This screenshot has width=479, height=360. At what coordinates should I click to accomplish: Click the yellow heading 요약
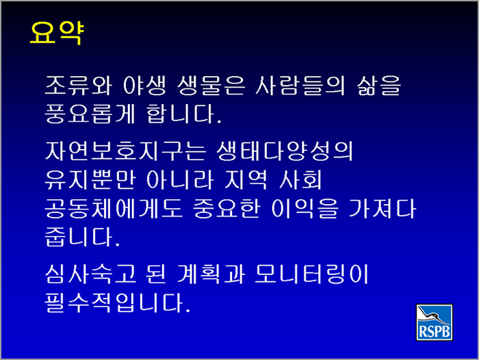point(57,33)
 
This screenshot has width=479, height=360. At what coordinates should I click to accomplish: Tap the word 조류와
point(79,86)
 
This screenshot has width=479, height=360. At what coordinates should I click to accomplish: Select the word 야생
point(145,86)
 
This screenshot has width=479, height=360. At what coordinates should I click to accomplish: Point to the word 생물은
point(211,86)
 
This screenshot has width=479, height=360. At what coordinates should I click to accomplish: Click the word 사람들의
point(300,86)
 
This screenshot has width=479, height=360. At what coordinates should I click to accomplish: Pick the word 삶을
point(379,86)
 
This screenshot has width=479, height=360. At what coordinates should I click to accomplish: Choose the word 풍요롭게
point(90,114)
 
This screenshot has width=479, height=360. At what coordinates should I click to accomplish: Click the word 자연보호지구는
point(125,151)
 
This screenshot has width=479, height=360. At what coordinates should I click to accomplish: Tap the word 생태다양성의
point(285,151)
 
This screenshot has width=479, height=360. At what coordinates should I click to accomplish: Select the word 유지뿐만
point(90,179)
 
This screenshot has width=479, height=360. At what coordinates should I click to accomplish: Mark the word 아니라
point(180,179)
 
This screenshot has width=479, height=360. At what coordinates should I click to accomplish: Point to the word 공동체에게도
point(114,209)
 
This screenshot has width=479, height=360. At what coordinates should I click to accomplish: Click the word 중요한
point(226,209)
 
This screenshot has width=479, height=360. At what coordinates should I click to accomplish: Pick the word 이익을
point(305,209)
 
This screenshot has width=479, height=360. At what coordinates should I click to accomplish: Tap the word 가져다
point(382,209)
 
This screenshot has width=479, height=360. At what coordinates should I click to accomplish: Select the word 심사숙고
point(90,274)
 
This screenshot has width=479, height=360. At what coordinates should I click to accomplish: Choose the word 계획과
point(211,274)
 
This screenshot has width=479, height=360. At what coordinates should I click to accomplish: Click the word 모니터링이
point(311,274)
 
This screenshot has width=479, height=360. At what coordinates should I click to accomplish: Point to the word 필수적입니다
point(118,303)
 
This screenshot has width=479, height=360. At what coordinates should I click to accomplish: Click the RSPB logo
point(435,322)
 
